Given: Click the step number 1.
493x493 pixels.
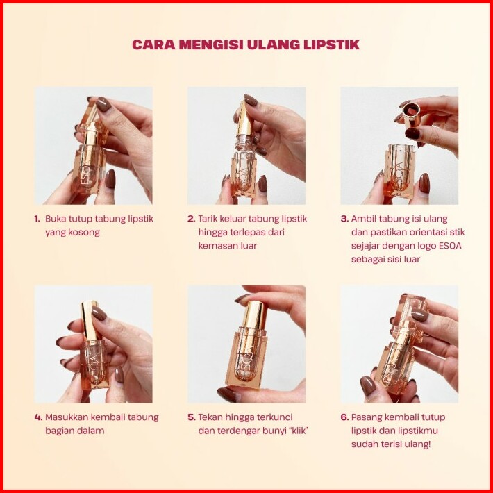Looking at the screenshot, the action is tap(37, 219).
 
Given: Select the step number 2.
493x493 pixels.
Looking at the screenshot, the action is tap(191, 219).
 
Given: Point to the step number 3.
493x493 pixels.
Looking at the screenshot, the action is tap(344, 219).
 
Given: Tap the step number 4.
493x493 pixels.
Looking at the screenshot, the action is tap(38, 417).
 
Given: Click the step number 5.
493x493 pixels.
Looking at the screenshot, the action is tap(192, 417).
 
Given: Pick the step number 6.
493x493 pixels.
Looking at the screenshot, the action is tap(344, 417).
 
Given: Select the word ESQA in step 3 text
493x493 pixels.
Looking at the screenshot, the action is tap(450, 246).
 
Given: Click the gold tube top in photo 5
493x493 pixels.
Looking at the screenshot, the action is tap(255, 315).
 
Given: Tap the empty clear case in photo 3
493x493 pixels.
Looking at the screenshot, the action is tap(399, 170).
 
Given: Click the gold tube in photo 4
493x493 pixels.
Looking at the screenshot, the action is tap(88, 320).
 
